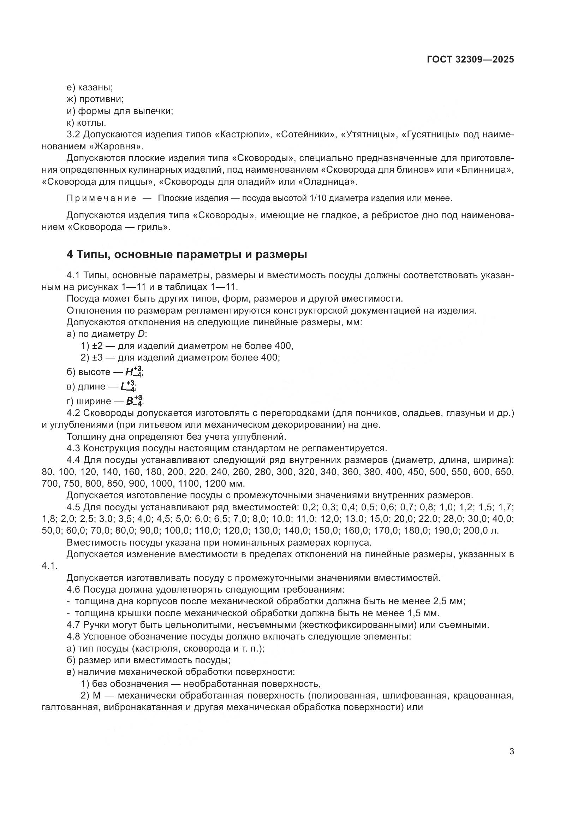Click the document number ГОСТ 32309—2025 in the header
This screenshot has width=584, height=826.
coord(470,59)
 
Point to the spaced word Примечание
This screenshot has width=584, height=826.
coord(101,198)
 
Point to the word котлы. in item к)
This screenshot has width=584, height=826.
coord(91,123)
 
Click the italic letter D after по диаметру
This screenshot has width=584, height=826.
coord(141,334)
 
